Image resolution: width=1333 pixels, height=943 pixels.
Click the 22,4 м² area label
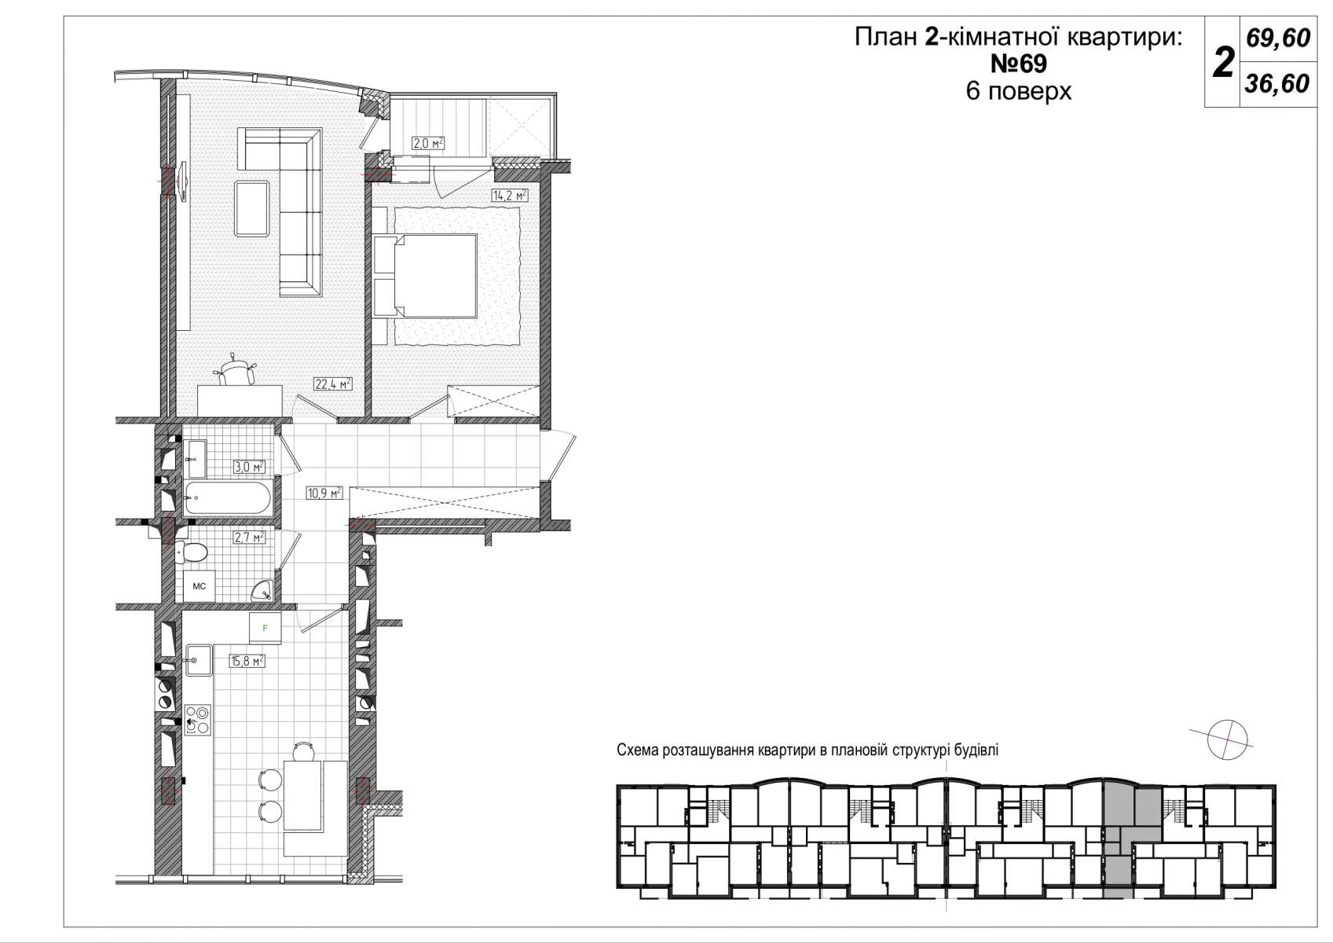click(x=333, y=384)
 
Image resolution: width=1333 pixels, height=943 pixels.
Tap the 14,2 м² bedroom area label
click(x=510, y=195)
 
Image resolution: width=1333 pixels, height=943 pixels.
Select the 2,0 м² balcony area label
click(x=428, y=144)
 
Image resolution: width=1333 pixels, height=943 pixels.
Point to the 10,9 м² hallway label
click(x=324, y=493)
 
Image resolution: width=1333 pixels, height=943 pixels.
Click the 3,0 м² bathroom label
click(x=249, y=467)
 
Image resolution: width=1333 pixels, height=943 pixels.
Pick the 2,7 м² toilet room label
click(x=249, y=538)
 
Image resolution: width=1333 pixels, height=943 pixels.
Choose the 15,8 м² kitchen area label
click(x=247, y=661)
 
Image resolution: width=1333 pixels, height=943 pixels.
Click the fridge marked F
click(x=266, y=628)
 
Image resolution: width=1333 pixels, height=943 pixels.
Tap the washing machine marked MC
click(x=200, y=586)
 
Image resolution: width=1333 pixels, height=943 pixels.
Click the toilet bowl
click(x=192, y=552)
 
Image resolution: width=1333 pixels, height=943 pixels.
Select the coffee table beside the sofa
click(x=251, y=209)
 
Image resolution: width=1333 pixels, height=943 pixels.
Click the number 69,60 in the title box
click(x=1278, y=39)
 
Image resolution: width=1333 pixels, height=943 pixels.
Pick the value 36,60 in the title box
click(x=1277, y=84)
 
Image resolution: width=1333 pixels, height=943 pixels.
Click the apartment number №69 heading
click(x=1018, y=64)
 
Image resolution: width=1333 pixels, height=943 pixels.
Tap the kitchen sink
click(x=199, y=660)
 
